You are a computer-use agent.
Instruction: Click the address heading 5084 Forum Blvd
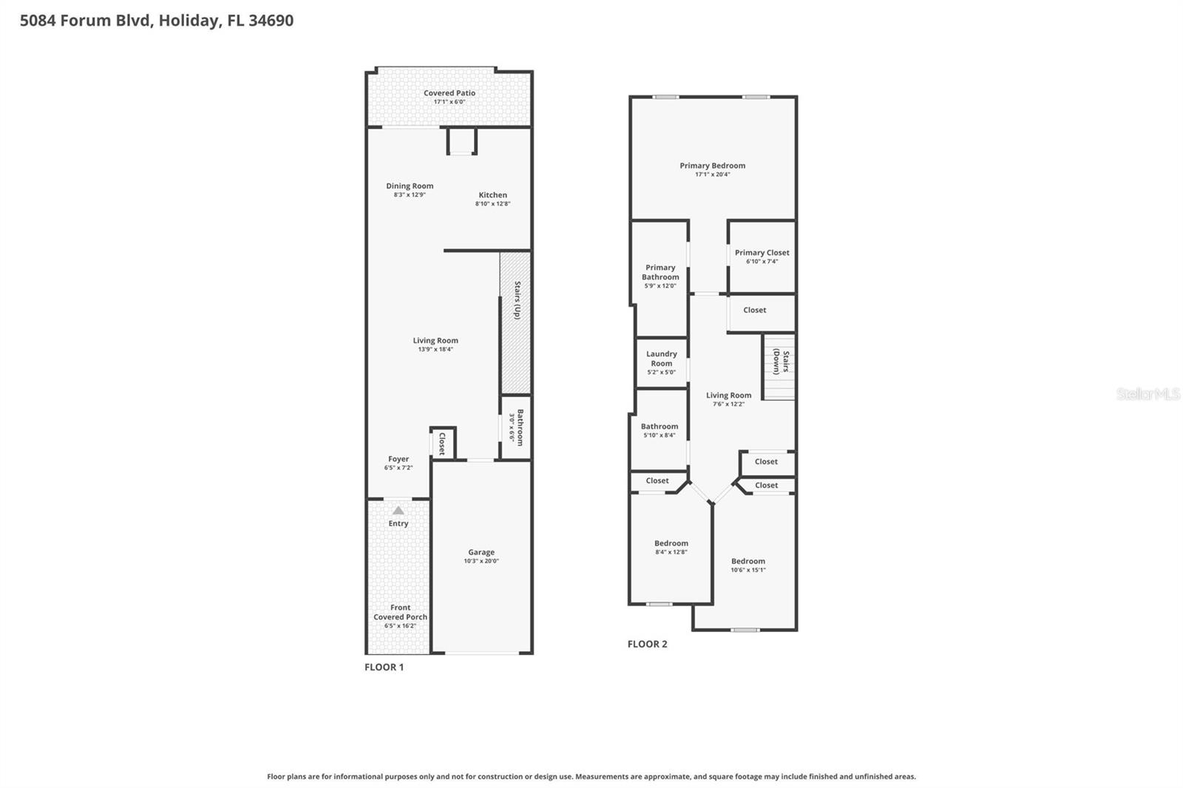(x=156, y=21)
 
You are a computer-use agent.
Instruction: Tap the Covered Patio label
(x=449, y=93)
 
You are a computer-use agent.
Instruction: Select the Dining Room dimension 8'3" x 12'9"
(x=409, y=195)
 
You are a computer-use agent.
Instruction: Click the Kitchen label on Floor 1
(x=492, y=195)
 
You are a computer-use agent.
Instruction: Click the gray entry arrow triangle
(x=398, y=510)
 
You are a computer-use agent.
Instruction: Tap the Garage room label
(x=481, y=552)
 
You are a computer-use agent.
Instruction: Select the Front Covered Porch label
(x=400, y=612)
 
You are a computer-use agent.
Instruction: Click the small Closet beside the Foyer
(x=442, y=444)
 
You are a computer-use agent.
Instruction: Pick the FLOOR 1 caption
(x=384, y=667)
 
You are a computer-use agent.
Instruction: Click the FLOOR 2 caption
(x=647, y=644)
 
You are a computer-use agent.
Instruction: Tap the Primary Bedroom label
(x=712, y=166)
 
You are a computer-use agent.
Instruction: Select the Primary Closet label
(x=762, y=253)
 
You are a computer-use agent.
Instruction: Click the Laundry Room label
(x=661, y=359)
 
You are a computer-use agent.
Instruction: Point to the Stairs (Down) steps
(x=779, y=368)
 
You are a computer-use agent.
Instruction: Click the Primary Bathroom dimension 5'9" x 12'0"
(x=660, y=286)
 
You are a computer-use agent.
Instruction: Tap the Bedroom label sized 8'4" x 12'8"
(x=671, y=543)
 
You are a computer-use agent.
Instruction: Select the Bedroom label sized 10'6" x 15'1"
(x=748, y=561)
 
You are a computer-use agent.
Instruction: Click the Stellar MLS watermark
(x=1148, y=394)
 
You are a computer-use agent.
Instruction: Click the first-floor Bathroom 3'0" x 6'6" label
(x=516, y=427)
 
